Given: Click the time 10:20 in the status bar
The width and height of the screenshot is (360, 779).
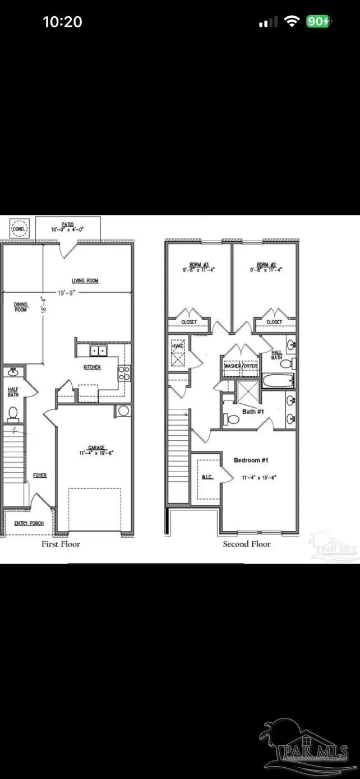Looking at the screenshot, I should pyautogui.click(x=62, y=22).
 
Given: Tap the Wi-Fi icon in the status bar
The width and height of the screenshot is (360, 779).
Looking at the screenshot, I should pyautogui.click(x=292, y=21).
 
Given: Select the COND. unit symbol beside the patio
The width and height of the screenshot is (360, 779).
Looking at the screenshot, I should pyautogui.click(x=19, y=228).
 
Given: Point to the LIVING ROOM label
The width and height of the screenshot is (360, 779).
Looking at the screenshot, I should pyautogui.click(x=85, y=280).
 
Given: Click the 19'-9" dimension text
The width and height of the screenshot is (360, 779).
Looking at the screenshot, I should pyautogui.click(x=81, y=292).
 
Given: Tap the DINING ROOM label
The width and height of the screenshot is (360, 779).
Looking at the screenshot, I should pyautogui.click(x=20, y=307).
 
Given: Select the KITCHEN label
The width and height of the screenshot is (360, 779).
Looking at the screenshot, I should pyautogui.click(x=93, y=367).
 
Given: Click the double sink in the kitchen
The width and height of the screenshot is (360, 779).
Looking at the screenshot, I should pyautogui.click(x=99, y=351).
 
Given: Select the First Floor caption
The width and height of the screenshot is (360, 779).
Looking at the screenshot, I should pyautogui.click(x=61, y=544).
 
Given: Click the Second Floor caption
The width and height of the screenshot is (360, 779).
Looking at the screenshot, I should pyautogui.click(x=246, y=544).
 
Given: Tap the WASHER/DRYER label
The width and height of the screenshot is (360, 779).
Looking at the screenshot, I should pyautogui.click(x=240, y=366).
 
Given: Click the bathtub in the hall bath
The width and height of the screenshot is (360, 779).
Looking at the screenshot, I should pyautogui.click(x=277, y=381).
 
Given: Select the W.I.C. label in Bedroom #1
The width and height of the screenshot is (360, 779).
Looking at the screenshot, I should pyautogui.click(x=207, y=477).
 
